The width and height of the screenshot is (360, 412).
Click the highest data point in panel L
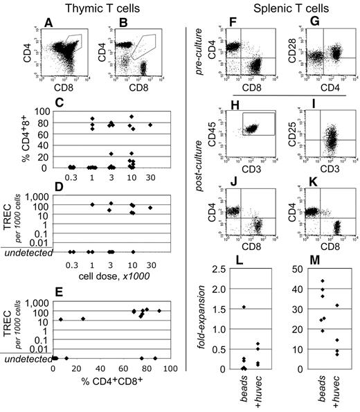point(244,307)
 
